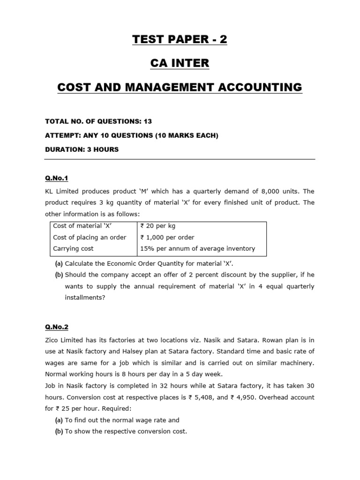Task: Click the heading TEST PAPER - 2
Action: tap(180, 39)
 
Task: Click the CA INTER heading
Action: tap(180, 63)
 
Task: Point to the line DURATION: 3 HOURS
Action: tap(82, 150)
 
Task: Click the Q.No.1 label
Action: tap(56, 178)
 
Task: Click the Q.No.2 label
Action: tap(56, 327)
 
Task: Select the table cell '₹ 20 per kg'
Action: tap(158, 226)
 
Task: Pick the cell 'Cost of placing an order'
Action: tap(90, 237)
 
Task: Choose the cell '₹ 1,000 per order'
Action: tap(167, 237)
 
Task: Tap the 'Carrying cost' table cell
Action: tap(73, 248)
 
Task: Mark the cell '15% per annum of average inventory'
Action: tap(197, 248)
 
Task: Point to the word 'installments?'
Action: tap(84, 297)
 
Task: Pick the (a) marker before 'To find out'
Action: tap(59, 420)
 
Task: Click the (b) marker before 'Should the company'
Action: tap(59, 275)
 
